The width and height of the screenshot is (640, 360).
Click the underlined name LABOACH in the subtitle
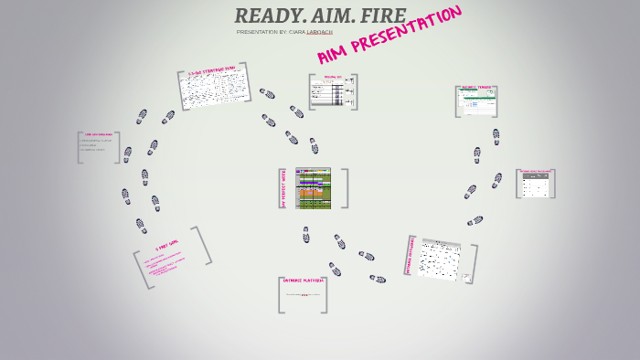319,32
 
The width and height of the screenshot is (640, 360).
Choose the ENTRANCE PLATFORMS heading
304,281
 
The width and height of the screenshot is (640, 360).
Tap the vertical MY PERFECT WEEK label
283,188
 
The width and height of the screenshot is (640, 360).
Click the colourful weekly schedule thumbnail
313,188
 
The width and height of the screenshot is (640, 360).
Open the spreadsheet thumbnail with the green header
476,101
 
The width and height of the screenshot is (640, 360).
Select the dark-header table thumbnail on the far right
535,185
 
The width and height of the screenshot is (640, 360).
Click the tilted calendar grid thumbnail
440,259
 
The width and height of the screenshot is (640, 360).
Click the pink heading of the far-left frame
98,134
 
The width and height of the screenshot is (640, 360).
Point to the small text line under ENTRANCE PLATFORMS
303,295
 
